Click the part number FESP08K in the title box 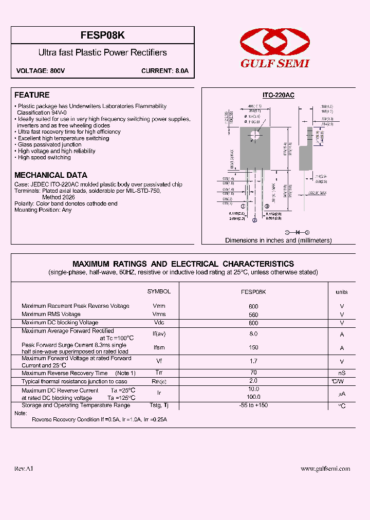103,35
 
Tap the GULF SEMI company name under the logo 275,64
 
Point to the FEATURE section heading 32,95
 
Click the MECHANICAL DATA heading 51,175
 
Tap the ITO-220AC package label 278,96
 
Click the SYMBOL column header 159,291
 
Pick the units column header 342,292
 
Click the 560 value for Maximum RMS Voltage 253,314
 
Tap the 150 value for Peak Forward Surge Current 253,348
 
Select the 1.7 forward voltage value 253,361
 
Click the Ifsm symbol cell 159,348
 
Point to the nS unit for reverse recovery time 342,373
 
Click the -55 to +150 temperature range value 253,405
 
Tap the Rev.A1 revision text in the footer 24,469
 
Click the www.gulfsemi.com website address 325,469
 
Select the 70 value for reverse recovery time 253,373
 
